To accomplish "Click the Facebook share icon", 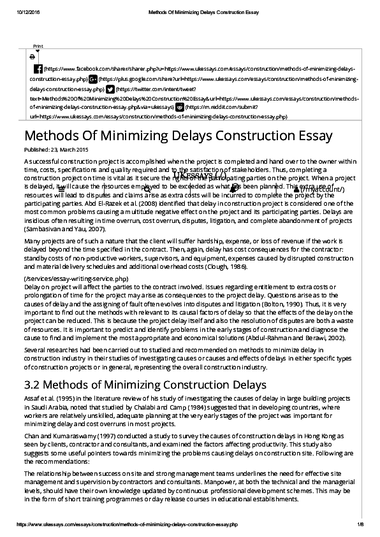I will tap(38, 68).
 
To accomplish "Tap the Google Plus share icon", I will tap(92, 79).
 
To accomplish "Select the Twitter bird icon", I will tap(110, 90).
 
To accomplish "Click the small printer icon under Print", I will tap(33, 56).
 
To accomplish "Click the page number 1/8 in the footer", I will tap(360, 524).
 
